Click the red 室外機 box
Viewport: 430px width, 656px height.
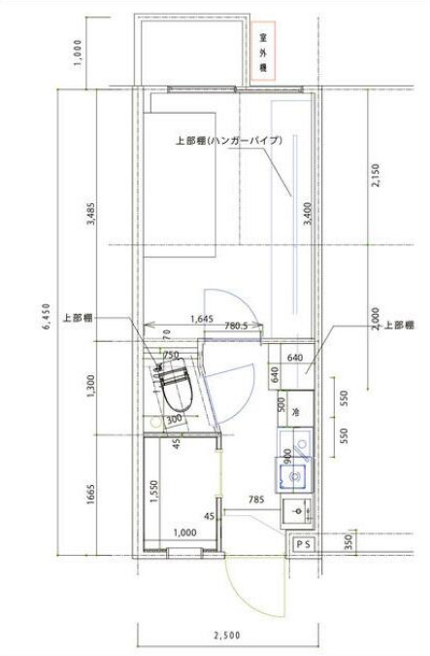tap(263, 52)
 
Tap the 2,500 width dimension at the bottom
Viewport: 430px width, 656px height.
tap(227, 636)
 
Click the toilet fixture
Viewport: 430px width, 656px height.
tap(176, 385)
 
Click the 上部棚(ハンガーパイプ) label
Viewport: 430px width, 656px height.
tap(229, 141)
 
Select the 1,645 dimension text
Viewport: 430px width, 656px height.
tap(201, 318)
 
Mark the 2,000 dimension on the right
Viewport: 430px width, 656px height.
tap(375, 320)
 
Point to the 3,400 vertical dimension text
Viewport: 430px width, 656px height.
tap(307, 213)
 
